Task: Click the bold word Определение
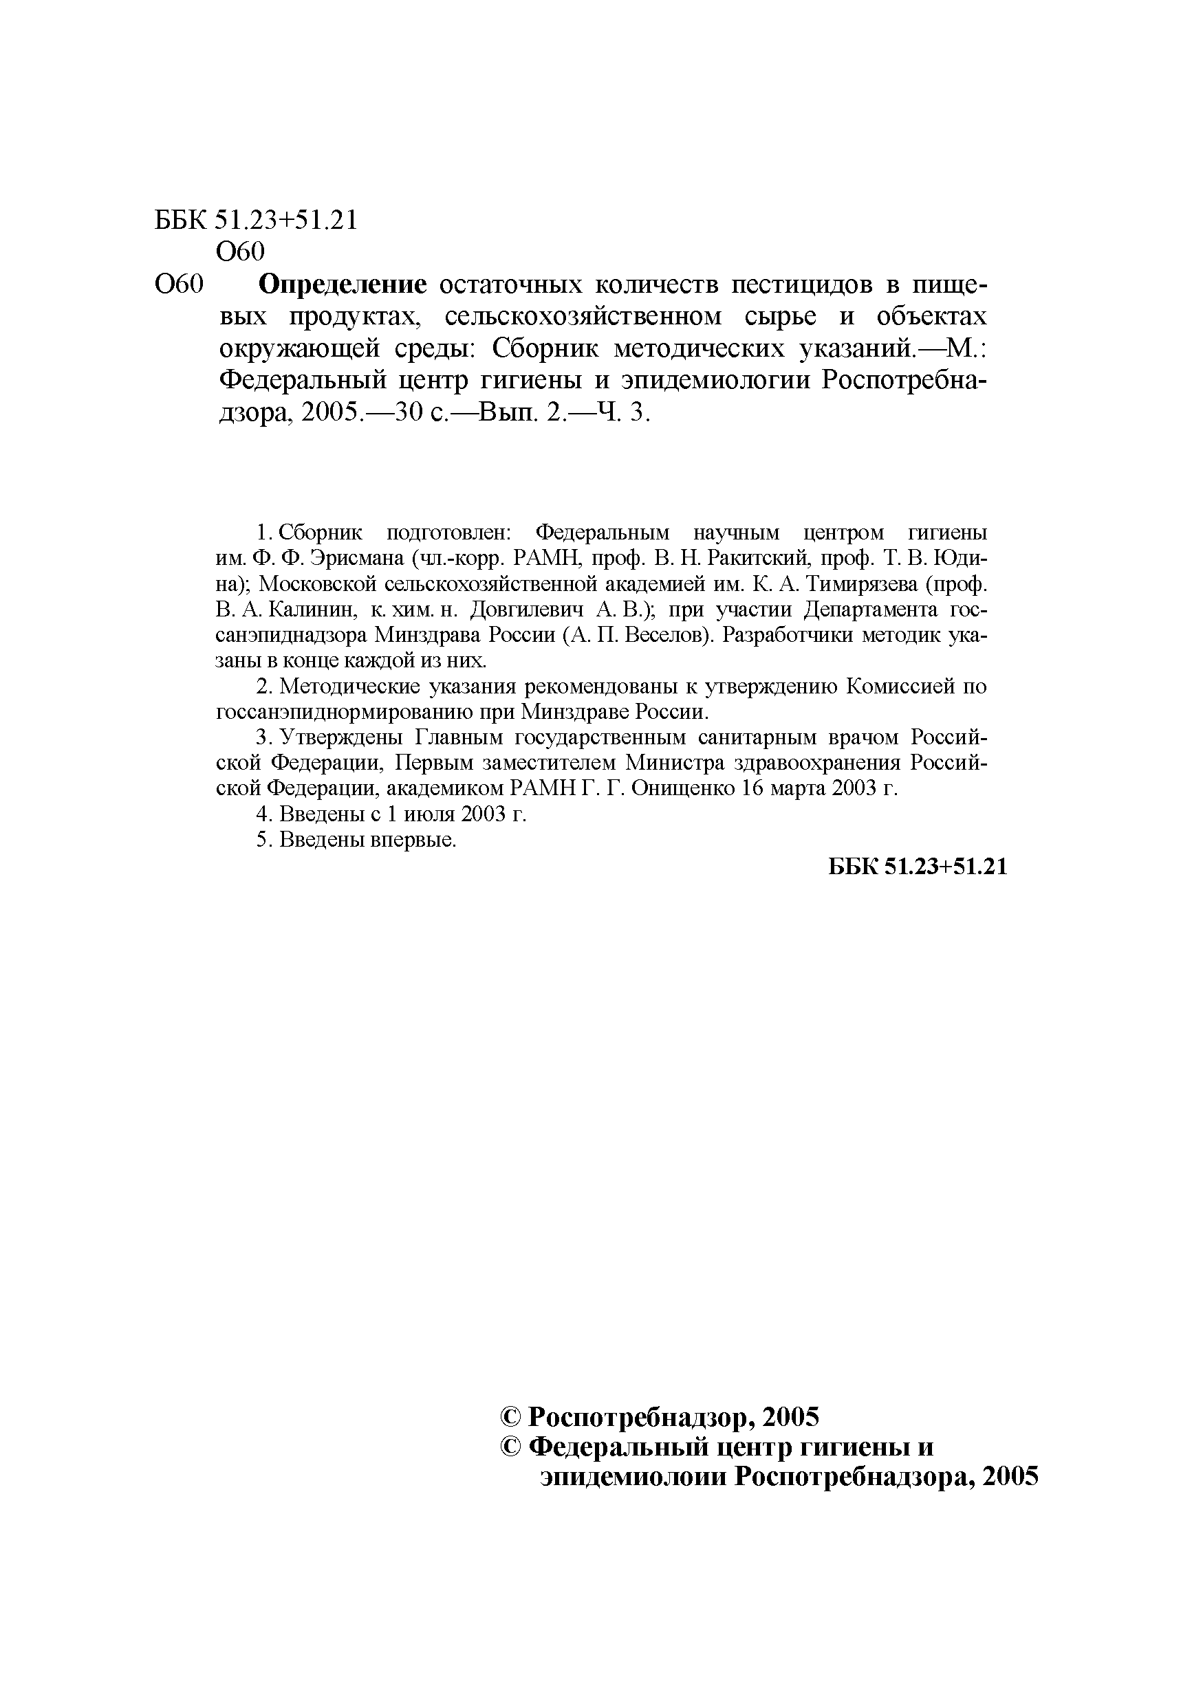pos(343,285)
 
